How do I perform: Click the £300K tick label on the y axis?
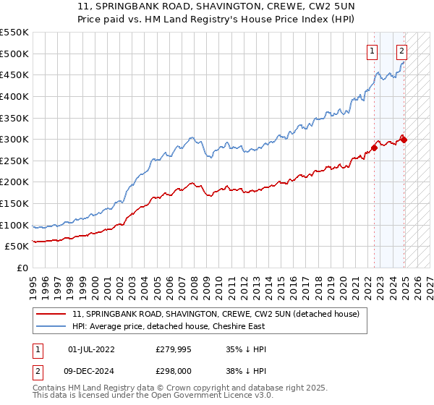tap(15, 139)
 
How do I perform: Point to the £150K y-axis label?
tap(15, 203)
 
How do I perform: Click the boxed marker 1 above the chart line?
tap(372, 51)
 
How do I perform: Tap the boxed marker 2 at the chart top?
tap(401, 51)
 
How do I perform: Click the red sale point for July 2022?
tap(375, 148)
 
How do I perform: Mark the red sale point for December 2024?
tap(404, 140)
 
